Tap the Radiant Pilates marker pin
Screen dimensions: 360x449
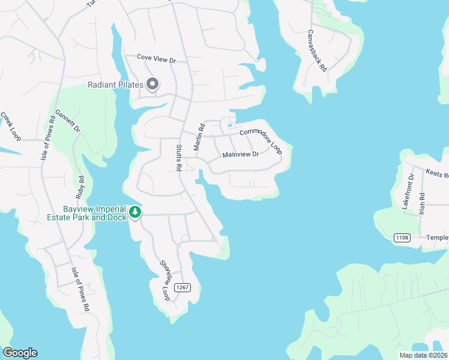pyautogui.click(x=152, y=84)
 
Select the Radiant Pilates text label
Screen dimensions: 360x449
pyautogui.click(x=115, y=85)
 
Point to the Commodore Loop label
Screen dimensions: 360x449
pyautogui.click(x=261, y=142)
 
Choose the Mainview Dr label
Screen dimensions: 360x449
pyautogui.click(x=240, y=154)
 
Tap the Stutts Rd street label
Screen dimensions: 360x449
pyautogui.click(x=179, y=158)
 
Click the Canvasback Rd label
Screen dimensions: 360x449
pyautogui.click(x=318, y=51)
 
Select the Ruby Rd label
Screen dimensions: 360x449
pyautogui.click(x=80, y=187)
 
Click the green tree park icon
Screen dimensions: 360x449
pyautogui.click(x=136, y=211)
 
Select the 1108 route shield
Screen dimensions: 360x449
pyautogui.click(x=402, y=238)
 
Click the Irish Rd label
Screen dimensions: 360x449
pyautogui.click(x=422, y=204)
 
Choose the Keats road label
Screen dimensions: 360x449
pyautogui.click(x=437, y=174)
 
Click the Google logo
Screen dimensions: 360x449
pyautogui.click(x=20, y=353)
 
